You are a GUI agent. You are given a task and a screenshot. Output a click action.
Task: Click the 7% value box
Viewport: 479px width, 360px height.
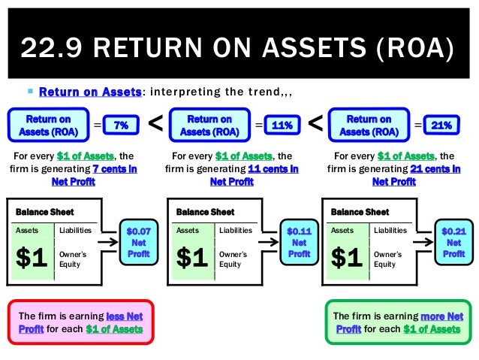point(119,126)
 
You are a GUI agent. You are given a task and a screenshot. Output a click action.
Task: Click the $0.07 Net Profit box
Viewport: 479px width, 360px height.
point(138,244)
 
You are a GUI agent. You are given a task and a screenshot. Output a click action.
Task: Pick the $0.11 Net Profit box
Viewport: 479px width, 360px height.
point(299,244)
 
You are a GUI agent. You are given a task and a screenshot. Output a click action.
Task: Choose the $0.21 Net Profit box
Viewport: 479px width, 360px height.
point(453,244)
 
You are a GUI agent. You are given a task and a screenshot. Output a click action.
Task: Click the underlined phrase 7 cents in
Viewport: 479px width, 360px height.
point(113,169)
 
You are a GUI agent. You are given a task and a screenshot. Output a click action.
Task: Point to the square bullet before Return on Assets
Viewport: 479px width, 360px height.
point(29,92)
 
